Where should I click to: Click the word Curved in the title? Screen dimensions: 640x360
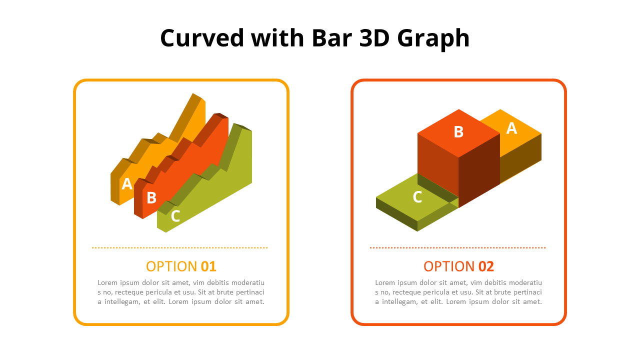[201, 38]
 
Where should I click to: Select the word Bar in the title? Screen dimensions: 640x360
[331, 38]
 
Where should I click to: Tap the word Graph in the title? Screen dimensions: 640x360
[433, 39]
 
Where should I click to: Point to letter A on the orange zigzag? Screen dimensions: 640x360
[127, 183]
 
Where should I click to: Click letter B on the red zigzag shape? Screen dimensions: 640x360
[151, 197]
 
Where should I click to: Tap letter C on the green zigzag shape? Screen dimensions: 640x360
[175, 216]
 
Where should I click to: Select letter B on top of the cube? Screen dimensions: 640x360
[458, 132]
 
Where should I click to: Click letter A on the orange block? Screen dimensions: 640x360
[511, 128]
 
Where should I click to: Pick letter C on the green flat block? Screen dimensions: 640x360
[417, 197]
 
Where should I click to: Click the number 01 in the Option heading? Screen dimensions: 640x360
[208, 266]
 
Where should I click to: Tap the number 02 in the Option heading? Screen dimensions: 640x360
[486, 266]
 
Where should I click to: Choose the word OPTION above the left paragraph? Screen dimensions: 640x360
[171, 266]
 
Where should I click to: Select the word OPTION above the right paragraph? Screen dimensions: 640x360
[449, 266]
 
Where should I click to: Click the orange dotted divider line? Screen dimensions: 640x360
[179, 247]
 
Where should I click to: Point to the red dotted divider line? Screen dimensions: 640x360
[457, 247]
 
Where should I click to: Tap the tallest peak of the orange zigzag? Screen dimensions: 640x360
[193, 93]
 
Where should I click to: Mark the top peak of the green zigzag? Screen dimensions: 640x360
[235, 123]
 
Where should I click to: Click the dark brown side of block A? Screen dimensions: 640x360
[520, 158]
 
